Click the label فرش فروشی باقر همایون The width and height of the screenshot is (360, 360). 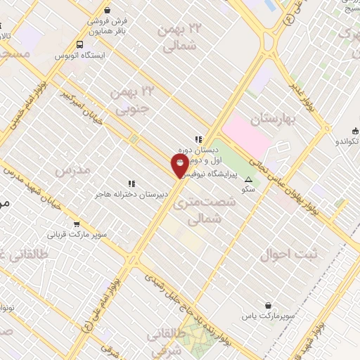[x=108, y=25]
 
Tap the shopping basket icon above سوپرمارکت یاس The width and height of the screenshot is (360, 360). [x=270, y=305]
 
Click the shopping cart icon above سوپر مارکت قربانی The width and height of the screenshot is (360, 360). [x=76, y=224]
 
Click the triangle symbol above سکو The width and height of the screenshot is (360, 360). [x=247, y=179]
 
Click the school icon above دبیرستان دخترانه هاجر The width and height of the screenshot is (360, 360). [x=131, y=184]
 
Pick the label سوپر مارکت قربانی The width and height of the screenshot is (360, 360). [x=77, y=236]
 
